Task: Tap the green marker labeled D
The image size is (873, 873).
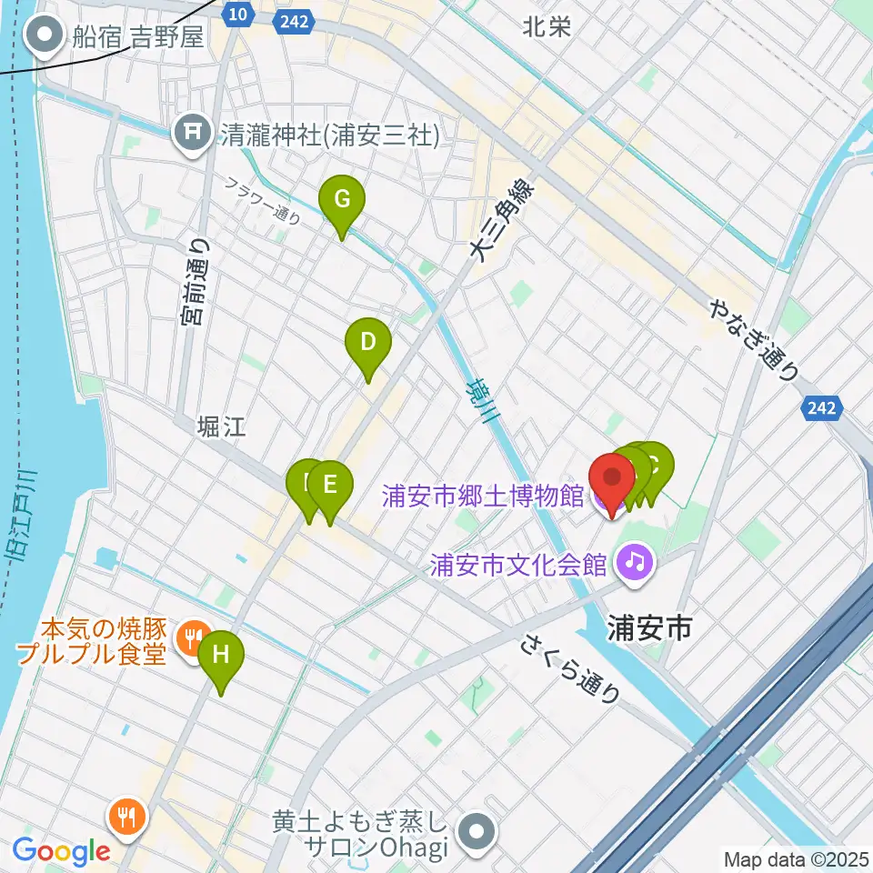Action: click(368, 344)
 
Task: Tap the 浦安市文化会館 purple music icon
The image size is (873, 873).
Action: click(635, 562)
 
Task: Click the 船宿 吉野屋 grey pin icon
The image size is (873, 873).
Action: click(44, 37)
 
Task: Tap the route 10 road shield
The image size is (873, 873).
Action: click(237, 14)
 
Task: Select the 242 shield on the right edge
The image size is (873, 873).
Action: click(821, 408)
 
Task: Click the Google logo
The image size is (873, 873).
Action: click(61, 851)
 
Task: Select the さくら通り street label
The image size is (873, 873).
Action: click(571, 669)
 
